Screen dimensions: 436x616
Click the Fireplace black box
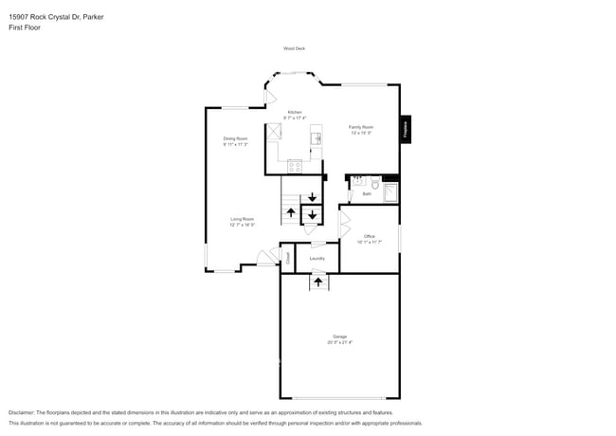tap(405, 128)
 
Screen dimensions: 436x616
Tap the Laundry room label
tap(317, 258)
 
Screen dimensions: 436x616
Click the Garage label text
tap(339, 336)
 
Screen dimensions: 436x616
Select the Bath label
tap(367, 193)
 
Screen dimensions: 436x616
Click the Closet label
tap(287, 256)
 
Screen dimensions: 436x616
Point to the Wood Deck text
tap(294, 48)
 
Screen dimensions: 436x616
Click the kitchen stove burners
tap(295, 167)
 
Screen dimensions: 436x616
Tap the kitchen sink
tap(317, 138)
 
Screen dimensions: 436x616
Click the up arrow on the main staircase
tap(290, 213)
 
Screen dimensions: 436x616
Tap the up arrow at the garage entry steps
tap(317, 282)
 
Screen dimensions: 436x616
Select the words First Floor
tap(25, 27)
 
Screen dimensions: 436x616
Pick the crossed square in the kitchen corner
tap(275, 132)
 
